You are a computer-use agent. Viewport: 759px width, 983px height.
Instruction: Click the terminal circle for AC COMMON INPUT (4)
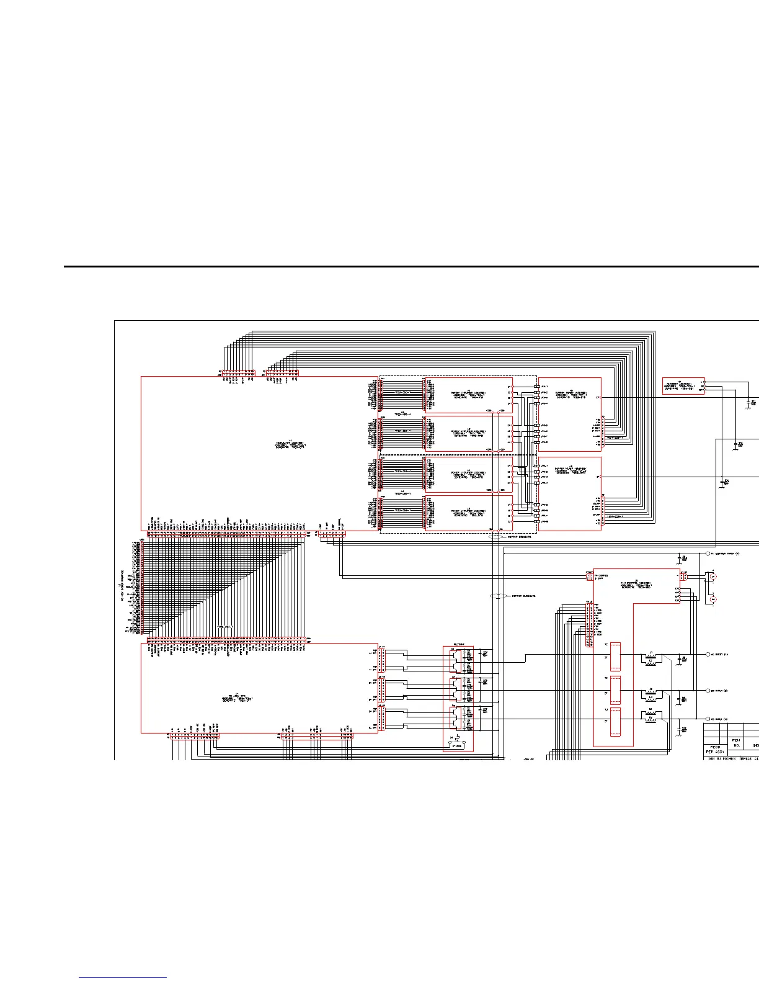click(x=708, y=554)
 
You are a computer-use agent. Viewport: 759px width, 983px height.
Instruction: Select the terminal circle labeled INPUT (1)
click(x=708, y=654)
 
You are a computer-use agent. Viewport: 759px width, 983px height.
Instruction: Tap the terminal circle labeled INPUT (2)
click(x=708, y=690)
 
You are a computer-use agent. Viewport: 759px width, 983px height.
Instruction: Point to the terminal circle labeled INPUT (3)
click(x=708, y=719)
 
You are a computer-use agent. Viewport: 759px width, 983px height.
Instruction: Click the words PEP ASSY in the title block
click(x=716, y=750)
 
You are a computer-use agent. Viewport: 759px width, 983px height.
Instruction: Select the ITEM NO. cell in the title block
click(x=737, y=743)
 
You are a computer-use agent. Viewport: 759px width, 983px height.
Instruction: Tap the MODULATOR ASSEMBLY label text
click(x=291, y=445)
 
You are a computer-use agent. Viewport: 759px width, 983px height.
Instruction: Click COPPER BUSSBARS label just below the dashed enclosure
click(x=521, y=537)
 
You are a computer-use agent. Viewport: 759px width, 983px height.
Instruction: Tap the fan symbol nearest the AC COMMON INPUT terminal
click(x=713, y=577)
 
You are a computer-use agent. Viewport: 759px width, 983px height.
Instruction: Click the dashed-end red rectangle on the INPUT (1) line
click(x=616, y=657)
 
